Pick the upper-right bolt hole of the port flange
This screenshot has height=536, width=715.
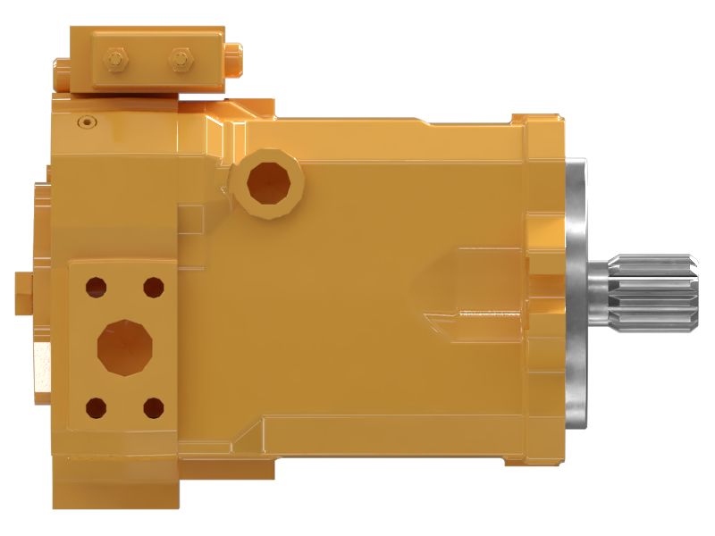point(154,287)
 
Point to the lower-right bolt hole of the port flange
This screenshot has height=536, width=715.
point(154,409)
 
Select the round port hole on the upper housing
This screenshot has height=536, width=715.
point(268,182)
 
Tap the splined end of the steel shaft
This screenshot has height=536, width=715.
point(657,290)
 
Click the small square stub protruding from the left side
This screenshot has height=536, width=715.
point(23,287)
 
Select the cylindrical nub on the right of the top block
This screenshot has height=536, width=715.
point(235,61)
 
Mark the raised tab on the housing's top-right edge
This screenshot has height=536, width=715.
point(534,117)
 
